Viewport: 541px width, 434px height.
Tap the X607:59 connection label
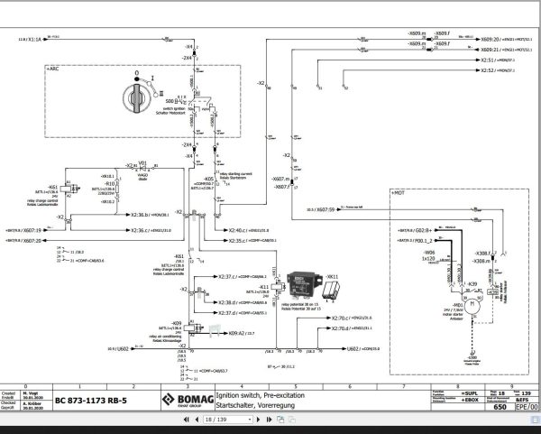[x=320, y=209]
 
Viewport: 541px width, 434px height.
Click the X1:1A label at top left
[x=29, y=41]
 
